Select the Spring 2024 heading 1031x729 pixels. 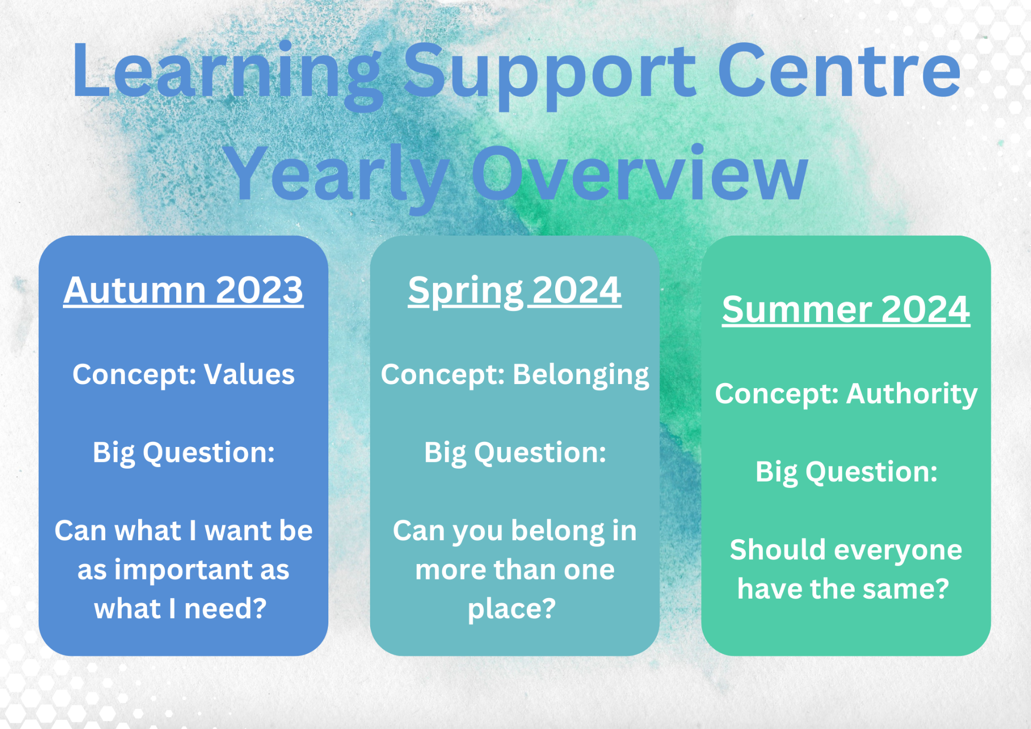(x=514, y=292)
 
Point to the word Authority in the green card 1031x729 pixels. (x=912, y=395)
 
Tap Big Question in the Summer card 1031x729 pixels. (x=846, y=473)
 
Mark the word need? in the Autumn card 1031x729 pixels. (x=225, y=608)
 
